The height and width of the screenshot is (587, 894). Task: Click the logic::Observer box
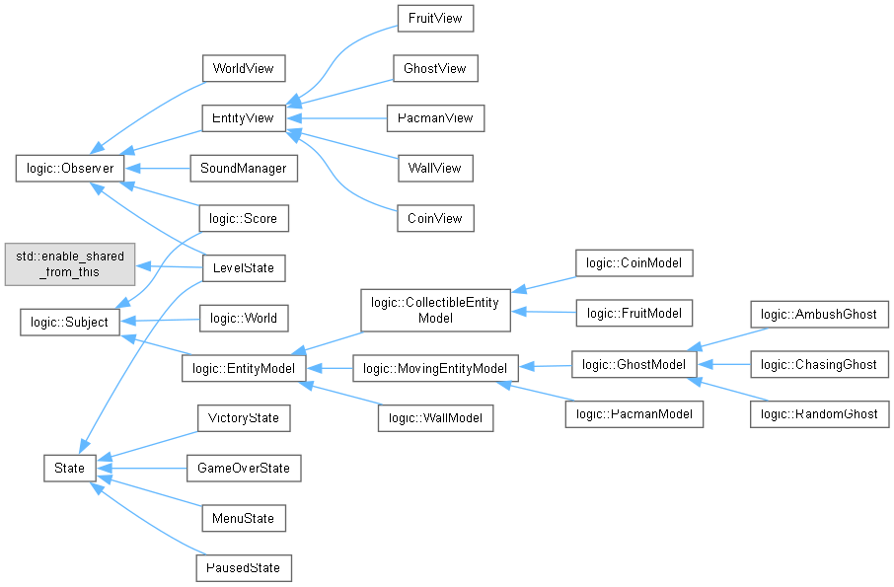pyautogui.click(x=67, y=169)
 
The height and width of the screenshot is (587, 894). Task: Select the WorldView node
pyautogui.click(x=243, y=68)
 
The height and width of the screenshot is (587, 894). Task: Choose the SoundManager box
pyautogui.click(x=243, y=169)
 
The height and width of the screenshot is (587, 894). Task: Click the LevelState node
pyautogui.click(x=243, y=267)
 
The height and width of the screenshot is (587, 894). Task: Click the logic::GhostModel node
pyautogui.click(x=633, y=365)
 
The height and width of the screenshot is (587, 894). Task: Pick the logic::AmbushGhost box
pyautogui.click(x=819, y=315)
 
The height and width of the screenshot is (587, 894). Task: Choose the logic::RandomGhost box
pyautogui.click(x=819, y=414)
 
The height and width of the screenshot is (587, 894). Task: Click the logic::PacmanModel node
pyautogui.click(x=633, y=414)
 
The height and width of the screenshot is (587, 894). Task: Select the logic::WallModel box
pyautogui.click(x=435, y=418)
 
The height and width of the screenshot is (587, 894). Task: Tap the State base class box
pyautogui.click(x=68, y=468)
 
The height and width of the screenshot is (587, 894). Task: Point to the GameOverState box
pyautogui.click(x=243, y=468)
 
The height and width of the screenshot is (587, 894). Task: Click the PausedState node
pyautogui.click(x=243, y=568)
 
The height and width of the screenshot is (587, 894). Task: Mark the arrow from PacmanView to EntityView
pyautogui.click(x=335, y=118)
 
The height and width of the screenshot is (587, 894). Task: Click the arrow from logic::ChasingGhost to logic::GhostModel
pyautogui.click(x=725, y=365)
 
